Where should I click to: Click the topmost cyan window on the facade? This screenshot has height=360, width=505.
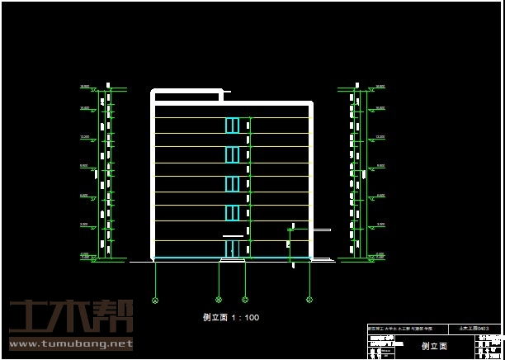pos(232,125)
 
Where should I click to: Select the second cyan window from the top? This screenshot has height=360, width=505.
pos(232,154)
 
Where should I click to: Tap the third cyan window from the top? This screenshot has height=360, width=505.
pos(232,183)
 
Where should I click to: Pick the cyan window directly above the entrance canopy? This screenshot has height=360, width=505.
pos(232,213)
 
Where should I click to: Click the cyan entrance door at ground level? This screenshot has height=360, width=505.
pos(232,249)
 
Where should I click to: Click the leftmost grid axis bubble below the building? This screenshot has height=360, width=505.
pos(155,300)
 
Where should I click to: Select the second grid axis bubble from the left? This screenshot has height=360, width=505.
pos(219,300)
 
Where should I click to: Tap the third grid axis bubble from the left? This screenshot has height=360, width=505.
pos(245,300)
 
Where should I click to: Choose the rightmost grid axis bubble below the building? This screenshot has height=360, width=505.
pos(309,300)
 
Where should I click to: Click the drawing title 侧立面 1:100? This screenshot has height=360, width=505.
pos(231,317)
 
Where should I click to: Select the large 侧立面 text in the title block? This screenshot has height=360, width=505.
pos(434,347)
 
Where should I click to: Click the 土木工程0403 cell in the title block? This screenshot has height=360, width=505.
pos(485,329)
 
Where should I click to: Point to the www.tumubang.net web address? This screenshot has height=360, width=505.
pos(71,343)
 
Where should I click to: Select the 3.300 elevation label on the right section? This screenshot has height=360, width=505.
pos(380,225)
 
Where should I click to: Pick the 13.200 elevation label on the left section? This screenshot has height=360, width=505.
pos(84,137)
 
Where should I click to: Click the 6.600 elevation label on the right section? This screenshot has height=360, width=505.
pos(380,196)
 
